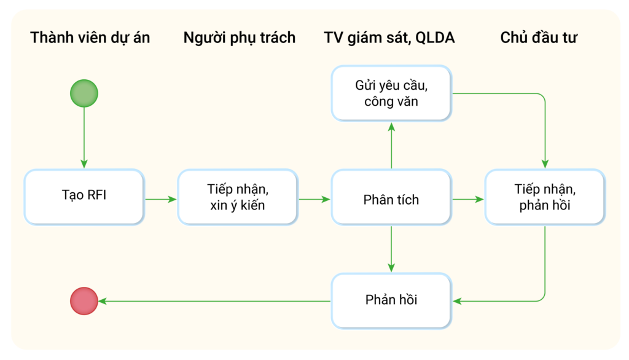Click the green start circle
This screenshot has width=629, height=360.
click(84, 93)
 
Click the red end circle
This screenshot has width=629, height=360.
click(84, 301)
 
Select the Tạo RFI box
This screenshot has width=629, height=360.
click(84, 197)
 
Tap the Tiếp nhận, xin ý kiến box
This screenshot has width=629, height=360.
click(238, 197)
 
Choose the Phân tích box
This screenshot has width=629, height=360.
click(391, 197)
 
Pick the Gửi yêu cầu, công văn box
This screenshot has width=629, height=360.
click(391, 93)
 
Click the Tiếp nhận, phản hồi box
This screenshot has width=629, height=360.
click(545, 197)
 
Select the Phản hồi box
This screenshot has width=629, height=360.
click(391, 300)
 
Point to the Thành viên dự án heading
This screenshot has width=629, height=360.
click(90, 37)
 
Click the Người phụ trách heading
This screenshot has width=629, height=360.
click(240, 37)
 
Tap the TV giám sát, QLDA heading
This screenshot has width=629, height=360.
click(389, 37)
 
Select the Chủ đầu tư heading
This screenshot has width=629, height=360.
click(539, 37)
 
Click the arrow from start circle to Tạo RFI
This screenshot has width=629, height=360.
click(84, 138)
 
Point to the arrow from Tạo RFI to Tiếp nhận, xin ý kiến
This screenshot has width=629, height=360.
click(161, 199)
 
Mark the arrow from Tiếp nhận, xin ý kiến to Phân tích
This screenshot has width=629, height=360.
click(314, 199)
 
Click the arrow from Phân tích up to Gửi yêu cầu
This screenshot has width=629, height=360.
click(391, 145)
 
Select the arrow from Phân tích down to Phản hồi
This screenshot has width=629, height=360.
click(391, 249)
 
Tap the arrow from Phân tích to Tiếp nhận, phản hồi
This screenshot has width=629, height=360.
click(468, 199)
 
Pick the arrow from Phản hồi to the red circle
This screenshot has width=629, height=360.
click(214, 301)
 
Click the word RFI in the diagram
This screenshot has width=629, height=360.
click(96, 195)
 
